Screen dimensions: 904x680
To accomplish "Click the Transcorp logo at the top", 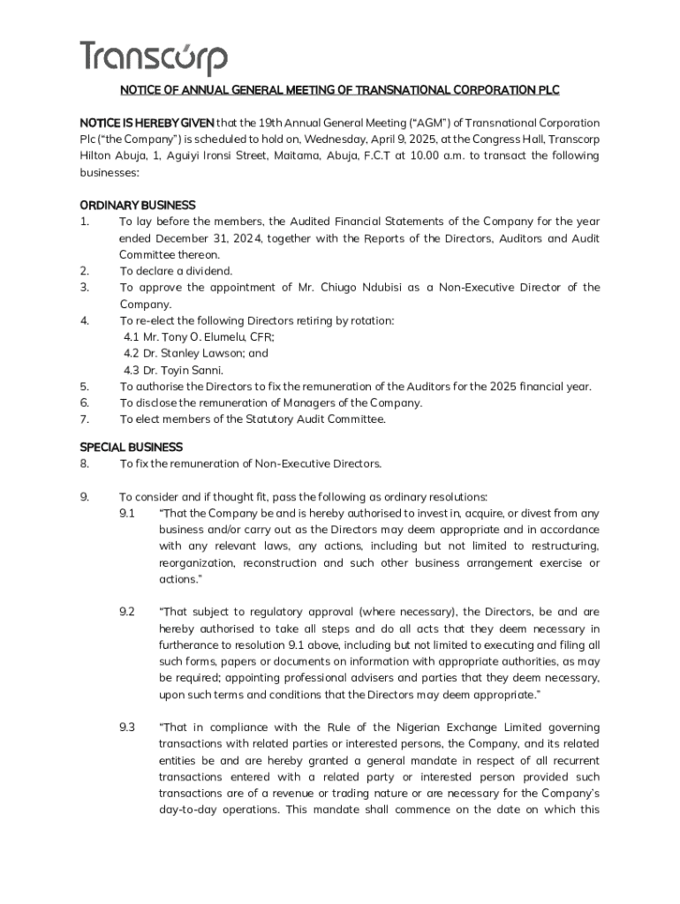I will [154, 58].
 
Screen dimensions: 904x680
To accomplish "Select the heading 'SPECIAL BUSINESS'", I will [132, 447].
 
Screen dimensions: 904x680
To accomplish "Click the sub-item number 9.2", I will [127, 611].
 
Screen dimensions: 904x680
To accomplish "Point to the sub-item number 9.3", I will [127, 727].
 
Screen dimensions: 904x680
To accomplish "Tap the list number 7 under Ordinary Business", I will [84, 419].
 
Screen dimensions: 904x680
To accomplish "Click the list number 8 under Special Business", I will [84, 463].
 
